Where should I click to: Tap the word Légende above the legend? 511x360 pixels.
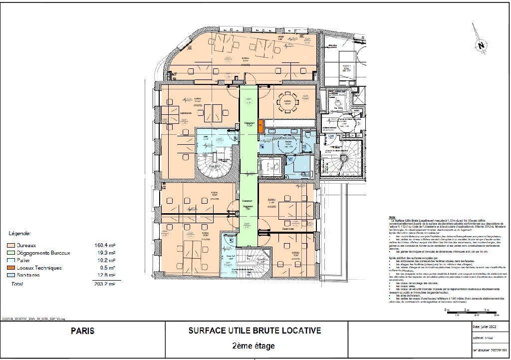pos(20,233)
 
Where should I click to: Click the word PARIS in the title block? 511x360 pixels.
pos(82,331)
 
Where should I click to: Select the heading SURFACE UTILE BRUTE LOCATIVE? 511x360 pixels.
pos(255,330)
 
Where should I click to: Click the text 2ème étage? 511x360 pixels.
pos(254,346)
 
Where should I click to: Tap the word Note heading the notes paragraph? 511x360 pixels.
pos(392,217)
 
